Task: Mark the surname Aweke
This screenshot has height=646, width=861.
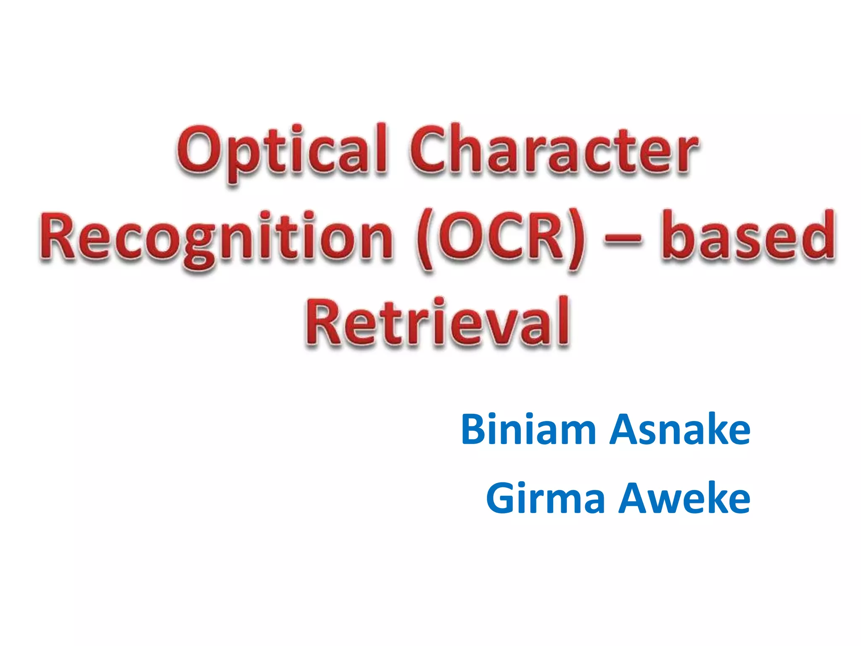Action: coord(685,499)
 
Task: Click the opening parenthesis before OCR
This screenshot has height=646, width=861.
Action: coord(425,240)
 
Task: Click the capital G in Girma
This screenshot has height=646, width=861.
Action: coord(502,499)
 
